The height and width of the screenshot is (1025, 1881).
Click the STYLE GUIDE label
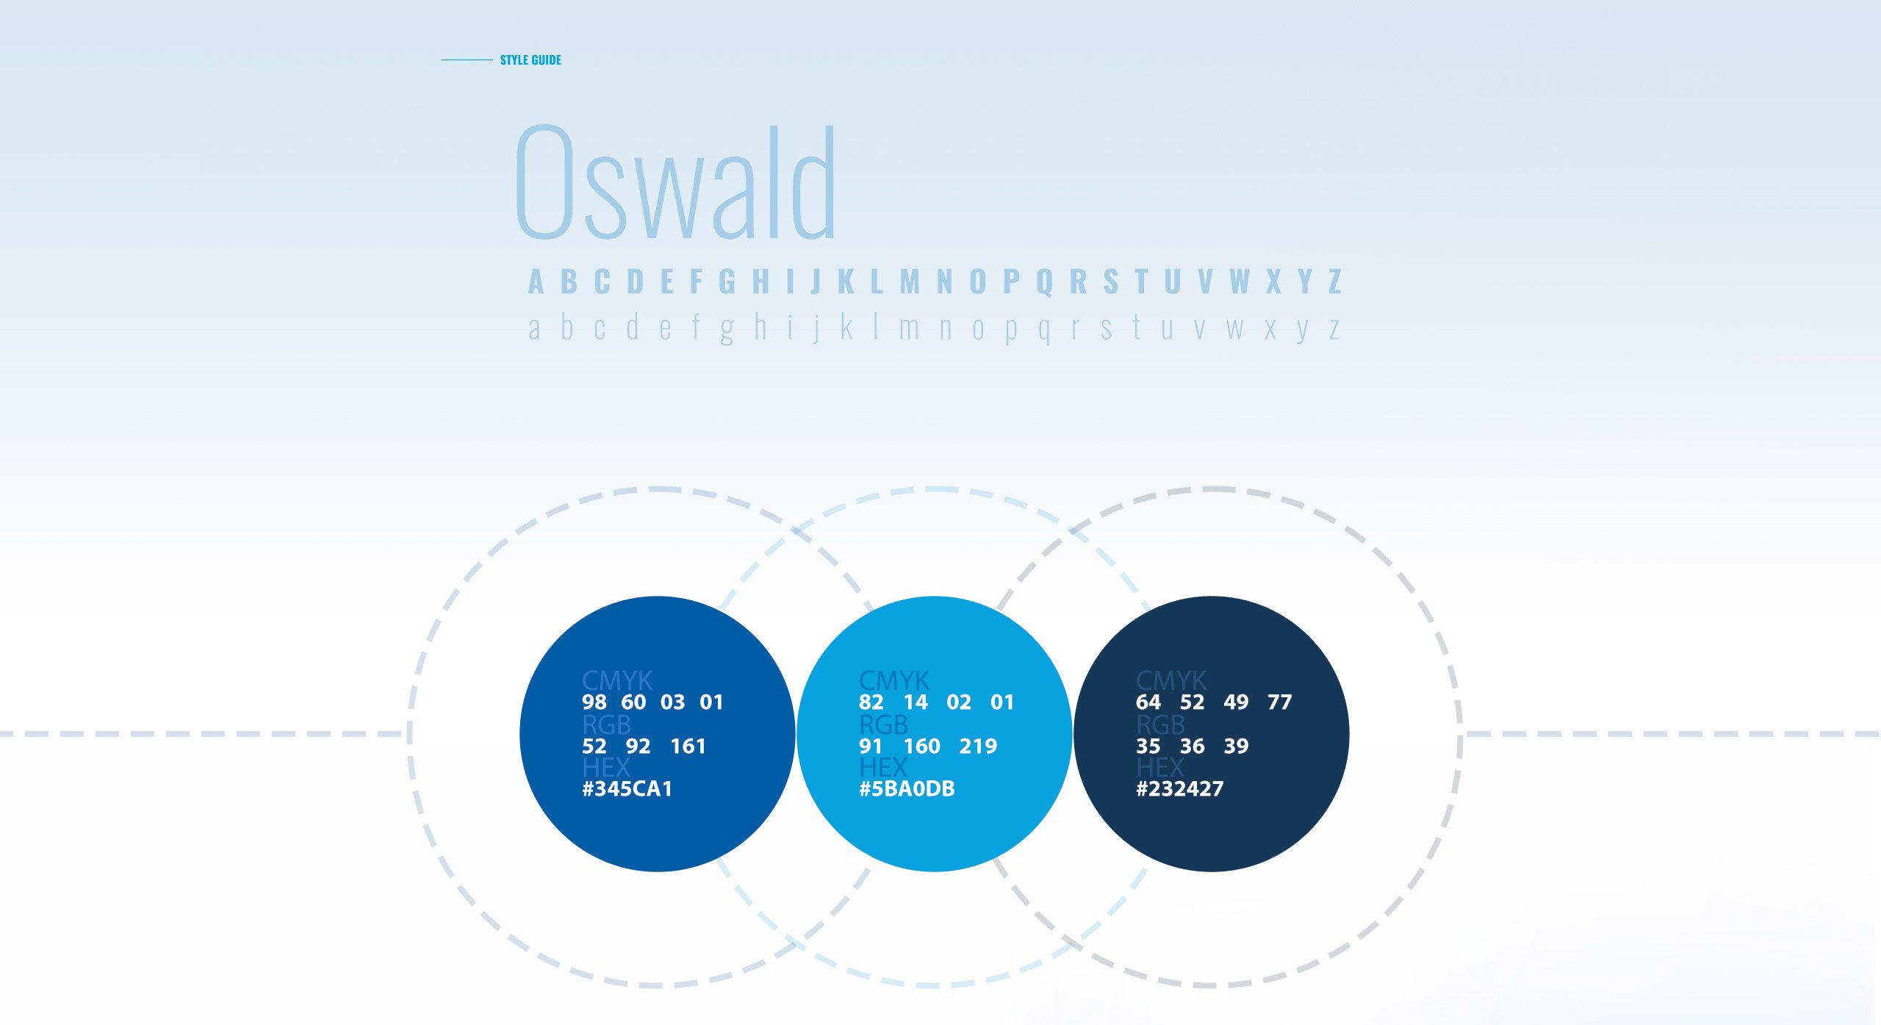point(531,60)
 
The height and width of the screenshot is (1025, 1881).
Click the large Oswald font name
point(676,181)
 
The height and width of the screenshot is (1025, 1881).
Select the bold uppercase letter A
point(536,281)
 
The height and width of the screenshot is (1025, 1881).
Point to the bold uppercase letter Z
point(1334,281)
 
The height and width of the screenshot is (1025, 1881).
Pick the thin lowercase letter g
point(727,330)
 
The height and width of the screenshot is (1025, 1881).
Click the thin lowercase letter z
point(1334,328)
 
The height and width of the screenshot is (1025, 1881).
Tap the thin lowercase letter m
point(910,328)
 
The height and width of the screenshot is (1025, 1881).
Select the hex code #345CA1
point(627,789)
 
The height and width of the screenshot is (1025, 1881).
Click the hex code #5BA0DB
point(907,789)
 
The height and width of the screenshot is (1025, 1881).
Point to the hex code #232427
point(1180,789)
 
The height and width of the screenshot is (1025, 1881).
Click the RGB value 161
point(688,747)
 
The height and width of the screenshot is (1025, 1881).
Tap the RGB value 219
point(978,747)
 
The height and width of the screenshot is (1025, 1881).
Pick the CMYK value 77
point(1279,702)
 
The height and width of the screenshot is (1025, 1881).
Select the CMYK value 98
point(594,702)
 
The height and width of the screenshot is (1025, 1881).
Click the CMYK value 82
point(871,702)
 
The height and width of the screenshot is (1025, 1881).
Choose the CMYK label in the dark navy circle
point(1171,680)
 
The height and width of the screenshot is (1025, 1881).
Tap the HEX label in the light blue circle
point(883,768)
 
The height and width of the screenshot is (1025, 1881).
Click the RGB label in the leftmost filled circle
point(606,725)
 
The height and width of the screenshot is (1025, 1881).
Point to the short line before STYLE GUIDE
point(467,60)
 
